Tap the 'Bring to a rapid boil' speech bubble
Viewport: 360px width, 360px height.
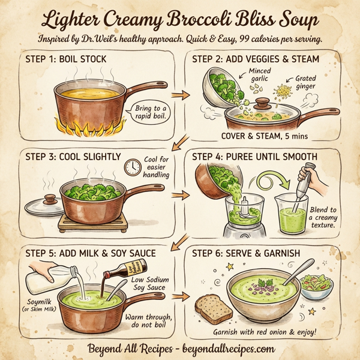pos(149,112)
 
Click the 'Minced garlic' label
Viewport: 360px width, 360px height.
pos(259,75)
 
